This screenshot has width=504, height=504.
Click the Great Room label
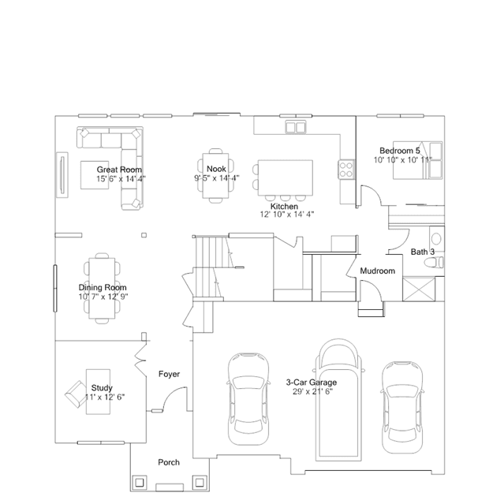(119, 170)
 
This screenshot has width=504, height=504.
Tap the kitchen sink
(296, 127)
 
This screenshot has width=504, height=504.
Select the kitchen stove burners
(345, 170)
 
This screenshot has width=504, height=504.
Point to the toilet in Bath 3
(434, 263)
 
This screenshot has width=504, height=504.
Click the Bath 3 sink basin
(436, 238)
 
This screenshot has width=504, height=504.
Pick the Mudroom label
(377, 271)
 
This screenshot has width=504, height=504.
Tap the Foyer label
(169, 374)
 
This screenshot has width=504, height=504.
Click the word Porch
(169, 462)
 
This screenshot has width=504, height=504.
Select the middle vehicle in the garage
(338, 398)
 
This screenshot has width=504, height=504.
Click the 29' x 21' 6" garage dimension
(313, 391)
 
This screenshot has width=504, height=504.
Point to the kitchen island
(286, 177)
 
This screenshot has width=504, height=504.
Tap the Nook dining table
(215, 176)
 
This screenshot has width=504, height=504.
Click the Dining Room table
(102, 288)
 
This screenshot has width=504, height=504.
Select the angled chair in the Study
(75, 394)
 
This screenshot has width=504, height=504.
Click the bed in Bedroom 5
(418, 160)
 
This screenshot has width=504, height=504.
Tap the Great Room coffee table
(95, 175)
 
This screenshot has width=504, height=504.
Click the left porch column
(139, 483)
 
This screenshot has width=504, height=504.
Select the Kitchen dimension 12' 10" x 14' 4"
(287, 215)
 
